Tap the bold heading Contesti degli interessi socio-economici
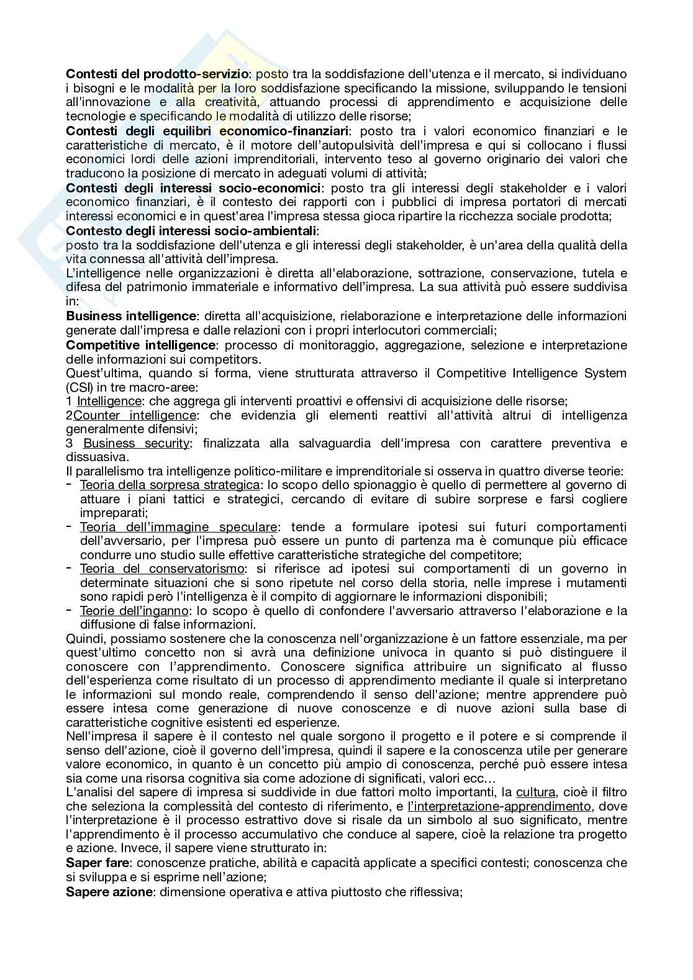click(x=194, y=187)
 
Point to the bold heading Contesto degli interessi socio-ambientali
click(x=191, y=231)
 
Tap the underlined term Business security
click(x=136, y=443)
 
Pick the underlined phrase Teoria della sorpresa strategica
click(x=170, y=485)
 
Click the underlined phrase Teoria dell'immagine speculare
click(x=178, y=527)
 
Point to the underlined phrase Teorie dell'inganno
click(x=134, y=611)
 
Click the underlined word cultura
click(x=536, y=792)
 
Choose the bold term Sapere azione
click(x=109, y=892)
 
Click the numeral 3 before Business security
click(x=69, y=443)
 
